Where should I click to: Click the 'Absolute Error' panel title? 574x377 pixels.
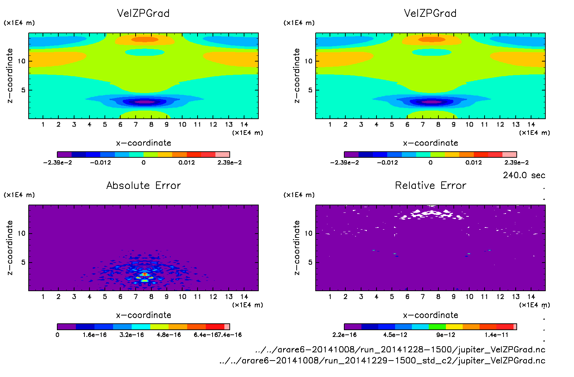coord(143,185)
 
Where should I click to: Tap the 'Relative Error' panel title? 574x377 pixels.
coord(431,185)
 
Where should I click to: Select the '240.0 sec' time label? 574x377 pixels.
coord(524,175)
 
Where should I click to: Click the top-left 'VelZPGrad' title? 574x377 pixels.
coord(143,13)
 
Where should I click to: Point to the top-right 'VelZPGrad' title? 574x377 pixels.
coord(430,13)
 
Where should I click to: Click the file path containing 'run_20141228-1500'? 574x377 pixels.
coord(400,349)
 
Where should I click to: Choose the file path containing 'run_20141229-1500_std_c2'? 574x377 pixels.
coord(383,361)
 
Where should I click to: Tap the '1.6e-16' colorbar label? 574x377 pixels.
coord(94,335)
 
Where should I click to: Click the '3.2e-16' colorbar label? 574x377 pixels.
coord(132,335)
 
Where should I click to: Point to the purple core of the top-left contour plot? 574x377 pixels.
coord(145,102)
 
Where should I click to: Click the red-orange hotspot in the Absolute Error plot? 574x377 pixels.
coord(144,274)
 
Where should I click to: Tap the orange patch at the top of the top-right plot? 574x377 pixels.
coord(432,39)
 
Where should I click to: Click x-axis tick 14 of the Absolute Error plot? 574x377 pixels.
coord(244,297)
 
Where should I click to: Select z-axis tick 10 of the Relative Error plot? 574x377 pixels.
coord(308,234)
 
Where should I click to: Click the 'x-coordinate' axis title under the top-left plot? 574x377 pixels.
coord(143,143)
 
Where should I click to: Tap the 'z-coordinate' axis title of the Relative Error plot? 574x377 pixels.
coord(297,248)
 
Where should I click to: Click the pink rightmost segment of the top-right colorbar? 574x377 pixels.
coord(510,155)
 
